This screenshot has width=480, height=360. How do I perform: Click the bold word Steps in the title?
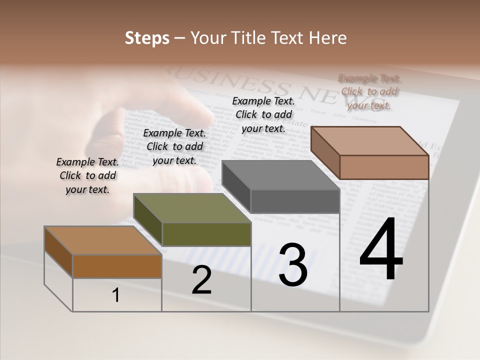pos(147,38)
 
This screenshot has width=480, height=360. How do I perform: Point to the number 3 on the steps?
pos(292,265)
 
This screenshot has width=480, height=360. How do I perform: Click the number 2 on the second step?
pos(201,280)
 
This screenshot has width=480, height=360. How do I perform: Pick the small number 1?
pos(115,295)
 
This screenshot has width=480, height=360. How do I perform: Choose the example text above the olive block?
pos(174,146)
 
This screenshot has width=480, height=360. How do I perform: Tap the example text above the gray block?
pos(263,114)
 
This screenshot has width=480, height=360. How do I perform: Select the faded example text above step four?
pos(369,91)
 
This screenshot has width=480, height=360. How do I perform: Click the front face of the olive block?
pos(206,234)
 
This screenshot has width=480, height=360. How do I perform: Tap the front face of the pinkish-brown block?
pos(384,167)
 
